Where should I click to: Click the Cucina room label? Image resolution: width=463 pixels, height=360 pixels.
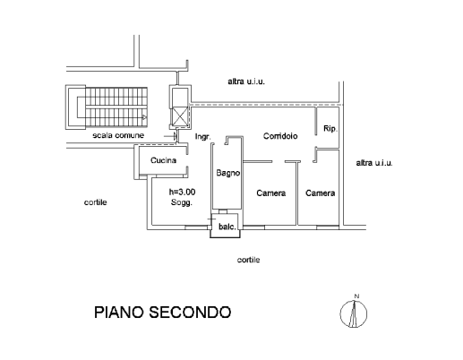click(x=163, y=160)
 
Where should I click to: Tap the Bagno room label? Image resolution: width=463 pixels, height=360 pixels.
click(x=228, y=173)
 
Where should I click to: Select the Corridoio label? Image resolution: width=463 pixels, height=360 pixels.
click(x=280, y=136)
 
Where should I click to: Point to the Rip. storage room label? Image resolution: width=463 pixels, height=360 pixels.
click(x=330, y=129)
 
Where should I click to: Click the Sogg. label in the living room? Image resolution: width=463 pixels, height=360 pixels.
click(x=181, y=202)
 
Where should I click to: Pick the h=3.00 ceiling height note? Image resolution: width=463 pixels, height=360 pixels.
click(x=182, y=192)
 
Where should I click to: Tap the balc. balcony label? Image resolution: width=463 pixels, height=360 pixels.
click(x=227, y=227)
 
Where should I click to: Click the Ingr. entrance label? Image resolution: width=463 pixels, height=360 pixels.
click(x=202, y=137)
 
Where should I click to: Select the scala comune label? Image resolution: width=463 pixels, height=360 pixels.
click(x=118, y=135)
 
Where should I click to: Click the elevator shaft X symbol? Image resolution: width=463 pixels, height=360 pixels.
click(x=179, y=117)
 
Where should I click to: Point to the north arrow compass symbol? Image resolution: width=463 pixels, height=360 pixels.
click(x=354, y=313)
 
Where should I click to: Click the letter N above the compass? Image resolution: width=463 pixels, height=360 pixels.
click(x=356, y=296)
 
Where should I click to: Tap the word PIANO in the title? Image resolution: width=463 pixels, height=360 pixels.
click(x=119, y=313)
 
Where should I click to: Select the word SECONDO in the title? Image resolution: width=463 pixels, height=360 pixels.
click(x=190, y=313)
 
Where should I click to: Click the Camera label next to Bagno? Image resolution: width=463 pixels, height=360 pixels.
click(x=271, y=193)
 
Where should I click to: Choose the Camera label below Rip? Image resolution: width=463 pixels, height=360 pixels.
click(x=320, y=193)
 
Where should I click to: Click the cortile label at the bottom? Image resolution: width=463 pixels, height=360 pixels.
click(x=248, y=260)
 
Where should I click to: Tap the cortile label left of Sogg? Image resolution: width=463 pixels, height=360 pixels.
click(x=96, y=202)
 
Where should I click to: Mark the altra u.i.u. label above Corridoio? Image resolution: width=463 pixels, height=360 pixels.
click(x=246, y=81)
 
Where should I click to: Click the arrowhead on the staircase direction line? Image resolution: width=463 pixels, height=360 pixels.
click(x=145, y=117)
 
